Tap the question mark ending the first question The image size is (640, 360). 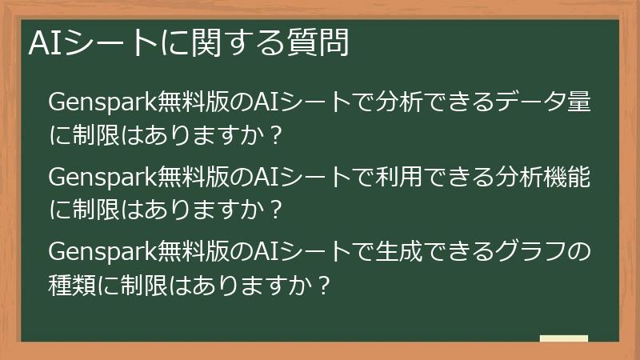(x=275, y=134)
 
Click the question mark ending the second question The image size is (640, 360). (x=275, y=210)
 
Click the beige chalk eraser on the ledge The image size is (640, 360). (x=563, y=338)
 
